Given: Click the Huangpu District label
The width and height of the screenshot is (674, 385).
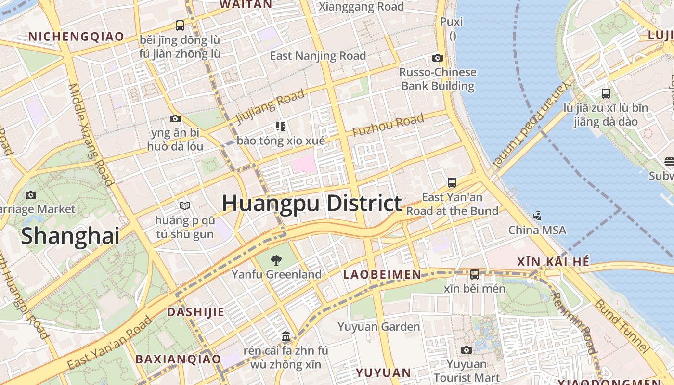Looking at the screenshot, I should tap(311, 204).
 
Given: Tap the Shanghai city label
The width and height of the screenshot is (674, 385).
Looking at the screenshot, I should tap(70, 236).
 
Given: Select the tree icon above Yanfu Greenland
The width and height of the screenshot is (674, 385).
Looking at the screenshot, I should tap(276, 261).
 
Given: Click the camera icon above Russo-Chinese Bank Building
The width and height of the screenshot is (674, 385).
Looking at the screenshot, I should tap(437, 58).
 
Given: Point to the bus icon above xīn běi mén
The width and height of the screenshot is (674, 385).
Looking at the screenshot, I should tap(475, 274).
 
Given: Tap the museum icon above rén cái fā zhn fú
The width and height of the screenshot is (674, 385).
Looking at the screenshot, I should tap(286, 335).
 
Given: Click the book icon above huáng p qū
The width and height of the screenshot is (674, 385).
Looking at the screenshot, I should tap(185, 205).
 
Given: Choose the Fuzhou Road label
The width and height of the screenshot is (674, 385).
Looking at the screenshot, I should tap(388, 125).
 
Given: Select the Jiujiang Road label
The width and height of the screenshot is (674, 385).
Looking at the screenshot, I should tap(270, 106).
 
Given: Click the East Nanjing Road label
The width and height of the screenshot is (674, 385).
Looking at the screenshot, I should tap(318, 56).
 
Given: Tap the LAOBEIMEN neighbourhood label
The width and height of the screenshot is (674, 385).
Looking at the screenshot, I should tap(382, 275).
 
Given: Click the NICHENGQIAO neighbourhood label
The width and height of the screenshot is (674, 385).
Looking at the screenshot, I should tap(76, 37).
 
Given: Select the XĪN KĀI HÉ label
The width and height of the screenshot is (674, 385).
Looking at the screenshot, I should tap(553, 262).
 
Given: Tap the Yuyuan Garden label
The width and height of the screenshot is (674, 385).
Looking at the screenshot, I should tap(378, 327).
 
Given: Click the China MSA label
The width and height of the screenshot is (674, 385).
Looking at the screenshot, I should tap(537, 230).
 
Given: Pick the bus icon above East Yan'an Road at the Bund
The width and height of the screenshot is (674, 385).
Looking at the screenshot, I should tap(452, 183).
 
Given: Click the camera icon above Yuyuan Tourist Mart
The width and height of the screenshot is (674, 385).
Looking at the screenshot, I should tap(466, 350).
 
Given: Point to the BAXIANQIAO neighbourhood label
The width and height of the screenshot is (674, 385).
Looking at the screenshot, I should tap(178, 359).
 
